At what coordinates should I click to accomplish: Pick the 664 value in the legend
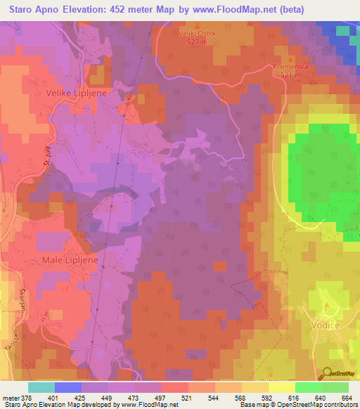(x=346, y=398)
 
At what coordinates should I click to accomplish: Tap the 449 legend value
(x=108, y=398)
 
